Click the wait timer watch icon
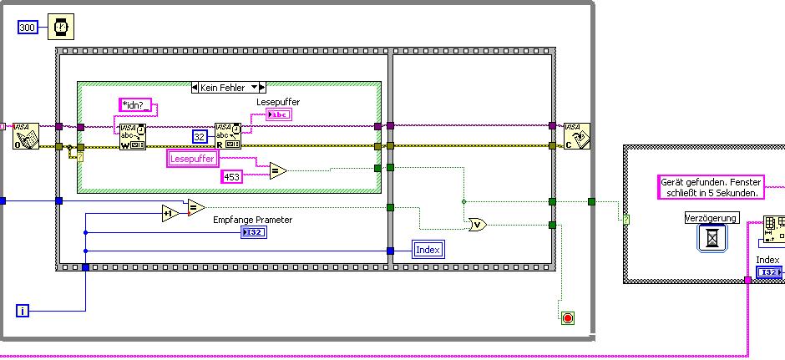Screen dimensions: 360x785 tap(60, 28)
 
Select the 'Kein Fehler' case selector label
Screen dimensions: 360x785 tap(228, 87)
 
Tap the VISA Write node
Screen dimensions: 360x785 tap(132, 136)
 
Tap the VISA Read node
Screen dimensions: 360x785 tap(227, 136)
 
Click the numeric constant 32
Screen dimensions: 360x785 tap(200, 136)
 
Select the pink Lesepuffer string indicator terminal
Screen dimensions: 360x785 tap(279, 114)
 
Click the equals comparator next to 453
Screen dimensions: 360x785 tap(277, 170)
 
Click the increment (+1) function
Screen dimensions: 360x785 tap(171, 213)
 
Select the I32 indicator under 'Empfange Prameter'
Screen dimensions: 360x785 tap(252, 233)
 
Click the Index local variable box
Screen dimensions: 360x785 tap(427, 249)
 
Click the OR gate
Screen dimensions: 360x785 tap(478, 224)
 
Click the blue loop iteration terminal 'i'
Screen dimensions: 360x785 tap(23, 311)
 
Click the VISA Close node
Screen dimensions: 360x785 tap(577, 135)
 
